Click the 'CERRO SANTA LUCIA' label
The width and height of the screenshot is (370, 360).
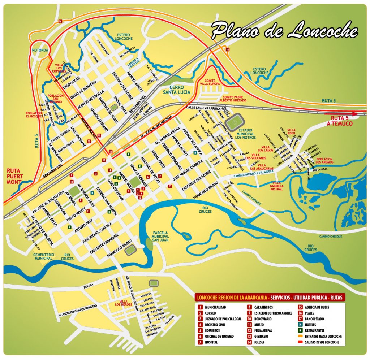173,90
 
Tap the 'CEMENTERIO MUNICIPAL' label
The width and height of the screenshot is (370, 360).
44,256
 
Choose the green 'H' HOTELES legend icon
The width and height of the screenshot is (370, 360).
300,325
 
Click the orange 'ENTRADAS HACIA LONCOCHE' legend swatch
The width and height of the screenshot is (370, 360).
300,336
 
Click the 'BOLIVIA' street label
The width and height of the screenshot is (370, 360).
89,285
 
